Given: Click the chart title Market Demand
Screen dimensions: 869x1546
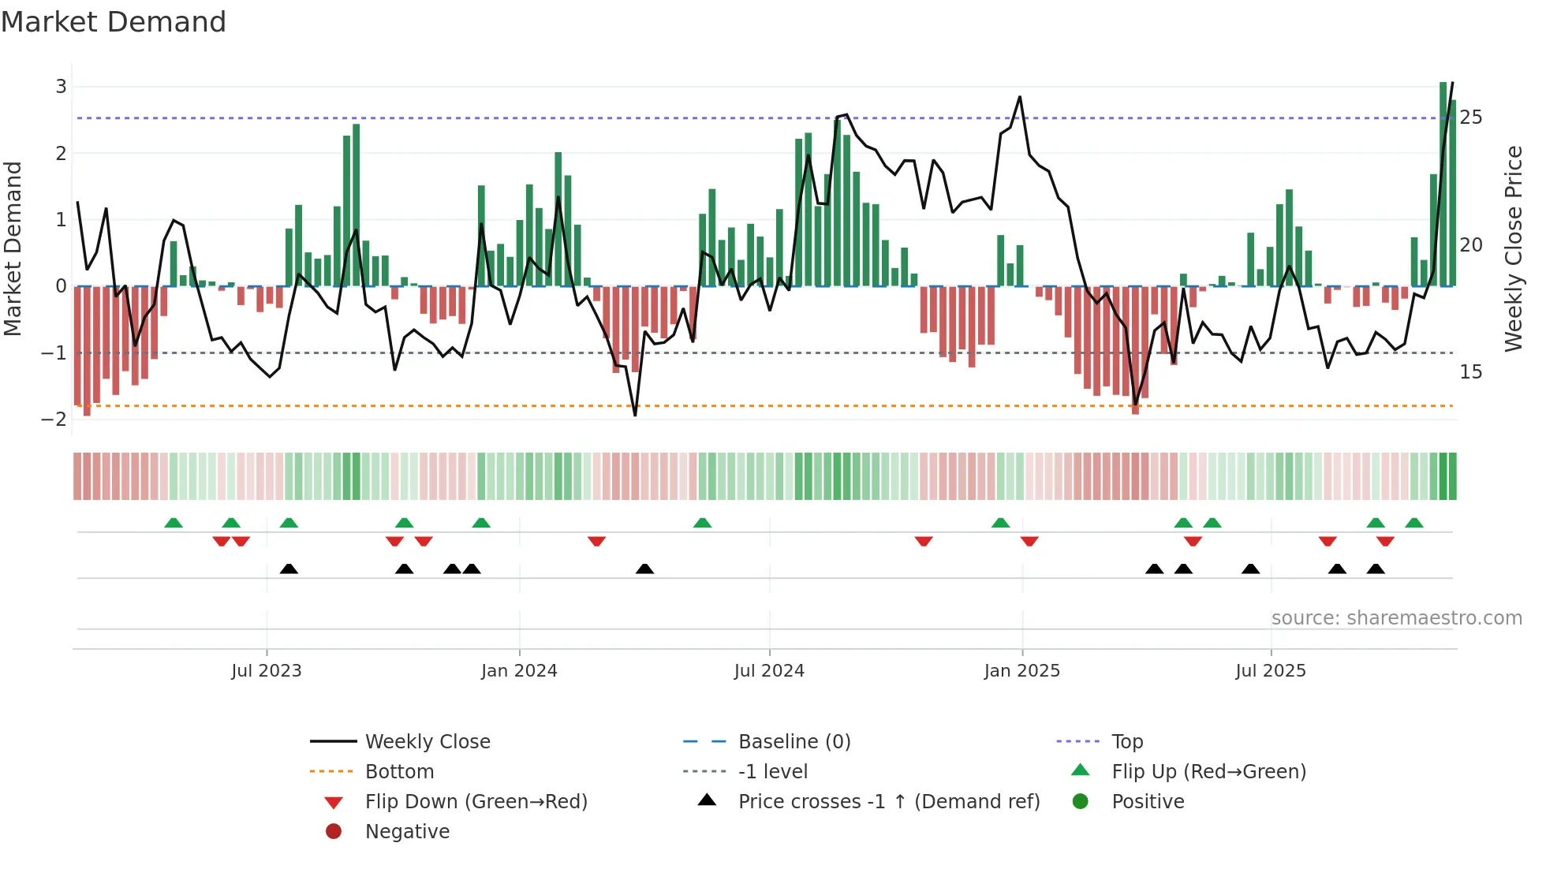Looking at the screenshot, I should pyautogui.click(x=114, y=22).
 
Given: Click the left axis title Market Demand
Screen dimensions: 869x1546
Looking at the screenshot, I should pyautogui.click(x=13, y=248).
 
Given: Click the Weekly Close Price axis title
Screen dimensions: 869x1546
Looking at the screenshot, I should pyautogui.click(x=1513, y=248).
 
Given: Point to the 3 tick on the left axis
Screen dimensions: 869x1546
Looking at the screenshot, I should pyautogui.click(x=61, y=87).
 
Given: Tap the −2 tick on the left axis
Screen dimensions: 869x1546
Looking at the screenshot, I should pyautogui.click(x=55, y=419).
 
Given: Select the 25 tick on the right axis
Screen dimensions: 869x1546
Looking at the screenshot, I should pyautogui.click(x=1470, y=117).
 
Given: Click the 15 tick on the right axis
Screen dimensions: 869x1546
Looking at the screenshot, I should pyautogui.click(x=1470, y=371).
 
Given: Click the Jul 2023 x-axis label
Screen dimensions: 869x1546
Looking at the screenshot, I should pyautogui.click(x=267, y=671).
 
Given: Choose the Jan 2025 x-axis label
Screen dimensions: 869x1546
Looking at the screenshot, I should pyautogui.click(x=1022, y=671).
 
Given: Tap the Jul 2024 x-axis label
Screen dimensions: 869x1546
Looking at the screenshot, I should pyautogui.click(x=769, y=671).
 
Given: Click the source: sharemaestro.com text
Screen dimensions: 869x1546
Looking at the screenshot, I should pyautogui.click(x=1396, y=618).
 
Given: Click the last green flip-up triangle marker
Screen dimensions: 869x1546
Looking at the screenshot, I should pyautogui.click(x=1414, y=523).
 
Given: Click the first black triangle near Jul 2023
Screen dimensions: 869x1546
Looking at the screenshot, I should pyautogui.click(x=289, y=569).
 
